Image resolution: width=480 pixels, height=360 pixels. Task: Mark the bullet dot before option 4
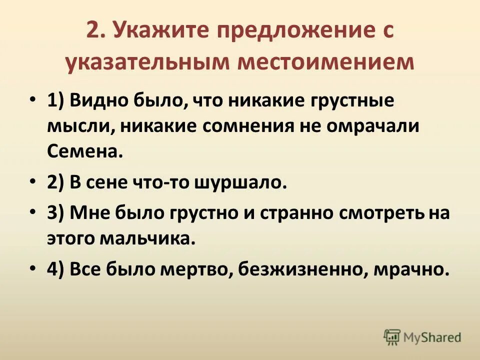(x=32, y=268)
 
